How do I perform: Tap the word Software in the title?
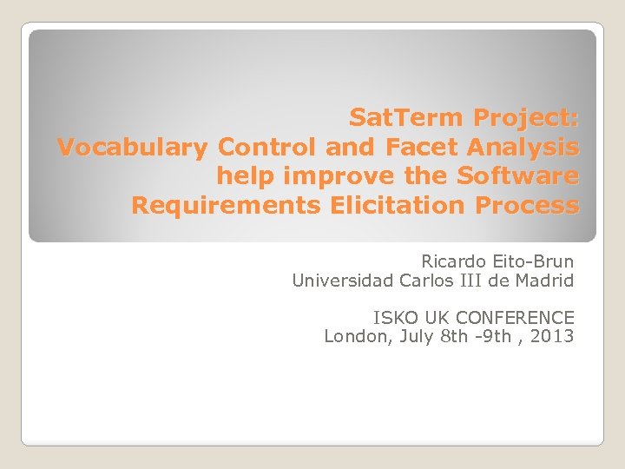pos(517,176)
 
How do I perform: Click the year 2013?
pos(554,336)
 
